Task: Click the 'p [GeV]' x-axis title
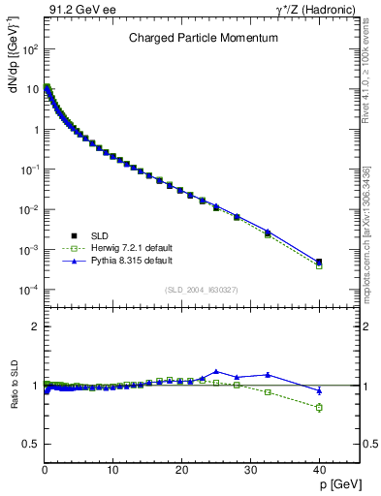337,486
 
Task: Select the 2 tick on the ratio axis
34,326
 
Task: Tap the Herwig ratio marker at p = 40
319,407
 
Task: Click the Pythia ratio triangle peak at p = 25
216,371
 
